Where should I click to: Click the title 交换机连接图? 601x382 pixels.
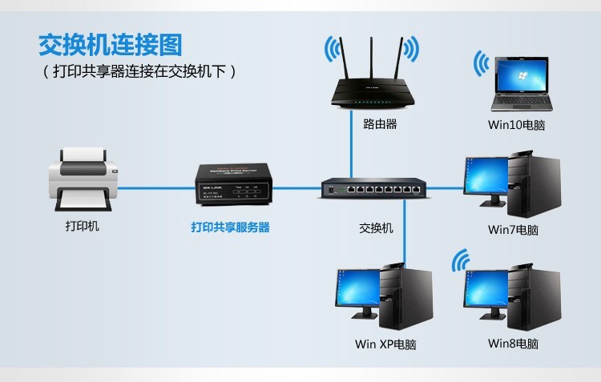pyautogui.click(x=111, y=42)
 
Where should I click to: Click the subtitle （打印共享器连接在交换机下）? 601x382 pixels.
pyautogui.click(x=139, y=72)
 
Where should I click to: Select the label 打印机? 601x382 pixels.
pyautogui.click(x=83, y=227)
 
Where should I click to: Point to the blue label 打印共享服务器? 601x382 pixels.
pyautogui.click(x=230, y=227)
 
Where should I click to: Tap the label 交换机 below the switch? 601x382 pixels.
pyautogui.click(x=376, y=228)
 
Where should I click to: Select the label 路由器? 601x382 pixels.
pyautogui.click(x=380, y=124)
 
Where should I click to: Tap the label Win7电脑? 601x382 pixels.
pyautogui.click(x=513, y=230)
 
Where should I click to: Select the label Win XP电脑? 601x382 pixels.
pyautogui.click(x=385, y=345)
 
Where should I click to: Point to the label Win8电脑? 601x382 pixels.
pyautogui.click(x=513, y=344)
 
